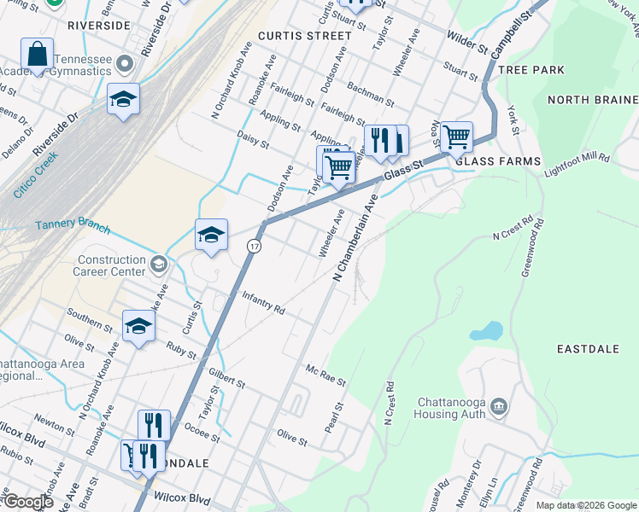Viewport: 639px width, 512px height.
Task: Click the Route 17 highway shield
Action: (254, 246)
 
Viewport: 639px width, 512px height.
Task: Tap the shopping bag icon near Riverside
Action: (37, 54)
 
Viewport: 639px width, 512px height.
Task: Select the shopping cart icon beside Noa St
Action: (456, 136)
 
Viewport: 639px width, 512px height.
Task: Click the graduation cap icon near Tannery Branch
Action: (211, 236)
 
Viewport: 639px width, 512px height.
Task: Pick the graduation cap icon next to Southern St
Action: (138, 326)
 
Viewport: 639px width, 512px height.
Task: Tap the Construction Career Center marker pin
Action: (157, 265)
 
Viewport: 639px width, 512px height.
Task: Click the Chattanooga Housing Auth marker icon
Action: (500, 408)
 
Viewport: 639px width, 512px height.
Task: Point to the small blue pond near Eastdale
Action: (485, 330)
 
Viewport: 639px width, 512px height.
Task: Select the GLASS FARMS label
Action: (498, 161)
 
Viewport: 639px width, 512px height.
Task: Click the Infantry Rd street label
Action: (262, 304)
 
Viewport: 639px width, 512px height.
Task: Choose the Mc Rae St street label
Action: (325, 374)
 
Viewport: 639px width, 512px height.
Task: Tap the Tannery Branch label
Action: (72, 227)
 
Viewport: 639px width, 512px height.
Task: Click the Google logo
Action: (27, 501)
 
